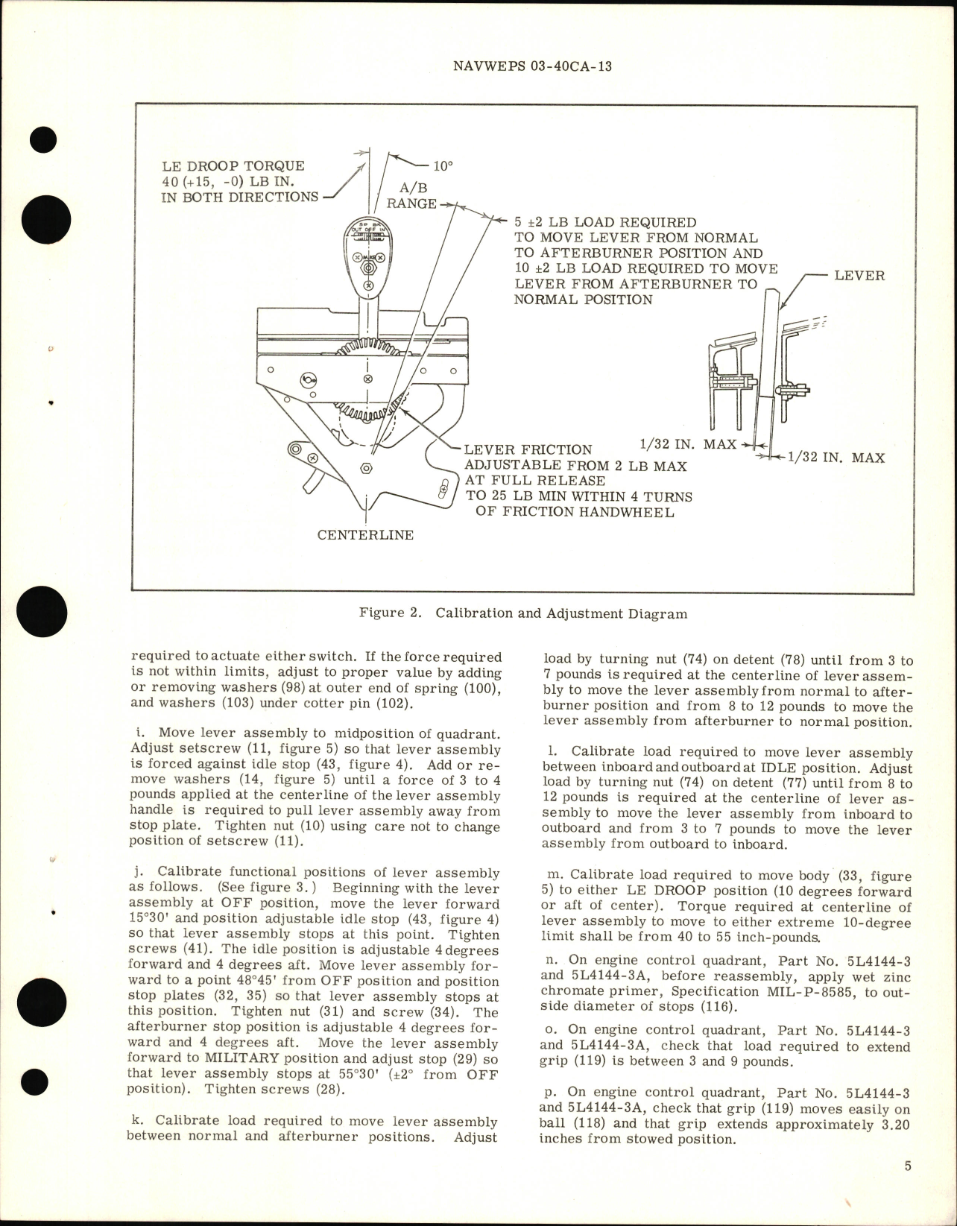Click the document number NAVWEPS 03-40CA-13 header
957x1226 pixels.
click(x=532, y=66)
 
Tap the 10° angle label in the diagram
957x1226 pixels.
click(x=443, y=166)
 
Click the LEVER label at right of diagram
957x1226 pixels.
click(x=859, y=276)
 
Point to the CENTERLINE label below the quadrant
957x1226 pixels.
click(x=365, y=535)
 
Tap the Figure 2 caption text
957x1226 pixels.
click(x=522, y=614)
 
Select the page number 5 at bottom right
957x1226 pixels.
click(x=908, y=1166)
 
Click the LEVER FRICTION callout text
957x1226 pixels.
click(x=528, y=450)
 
